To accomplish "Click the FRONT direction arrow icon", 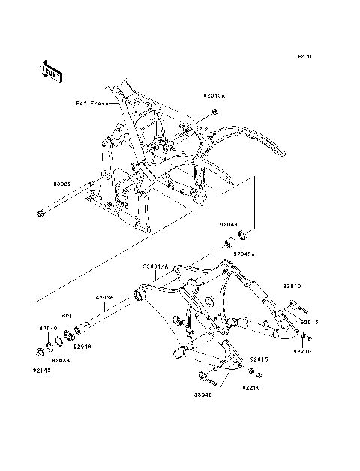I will (x=51, y=70).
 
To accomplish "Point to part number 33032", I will (x=62, y=183).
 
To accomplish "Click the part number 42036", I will (x=104, y=297).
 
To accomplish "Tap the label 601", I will (x=66, y=315).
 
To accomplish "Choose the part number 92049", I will (x=49, y=328).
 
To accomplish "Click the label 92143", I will (x=42, y=369).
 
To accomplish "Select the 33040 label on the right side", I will (x=292, y=286).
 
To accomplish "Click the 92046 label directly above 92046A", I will (x=229, y=223).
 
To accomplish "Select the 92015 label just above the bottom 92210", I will (x=259, y=358).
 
